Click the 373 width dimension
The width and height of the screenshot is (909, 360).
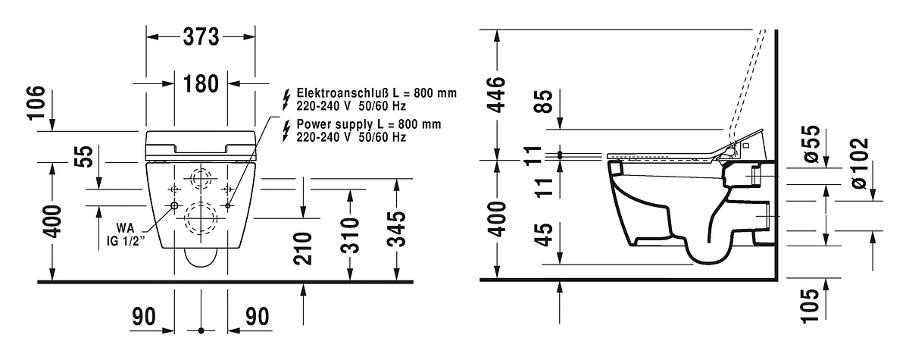click(x=201, y=37)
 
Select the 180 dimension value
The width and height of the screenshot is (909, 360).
click(x=201, y=84)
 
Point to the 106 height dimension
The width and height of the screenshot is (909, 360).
click(x=36, y=102)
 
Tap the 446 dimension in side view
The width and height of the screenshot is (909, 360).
click(x=496, y=95)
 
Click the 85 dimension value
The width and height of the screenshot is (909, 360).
click(x=543, y=102)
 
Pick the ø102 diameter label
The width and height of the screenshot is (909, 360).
click(x=860, y=164)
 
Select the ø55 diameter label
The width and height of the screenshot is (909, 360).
click(x=812, y=144)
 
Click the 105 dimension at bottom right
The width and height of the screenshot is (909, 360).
click(x=811, y=305)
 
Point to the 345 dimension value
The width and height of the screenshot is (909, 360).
click(x=396, y=230)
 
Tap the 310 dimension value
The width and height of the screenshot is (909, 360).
click(x=350, y=236)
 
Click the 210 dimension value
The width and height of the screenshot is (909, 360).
click(x=303, y=249)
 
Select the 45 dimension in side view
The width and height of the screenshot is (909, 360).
click(x=543, y=234)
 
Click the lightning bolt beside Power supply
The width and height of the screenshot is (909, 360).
click(x=286, y=130)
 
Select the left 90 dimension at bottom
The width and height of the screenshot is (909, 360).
click(x=144, y=317)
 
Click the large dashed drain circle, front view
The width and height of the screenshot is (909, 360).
click(x=201, y=218)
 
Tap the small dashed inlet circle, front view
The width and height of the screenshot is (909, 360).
click(x=201, y=179)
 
